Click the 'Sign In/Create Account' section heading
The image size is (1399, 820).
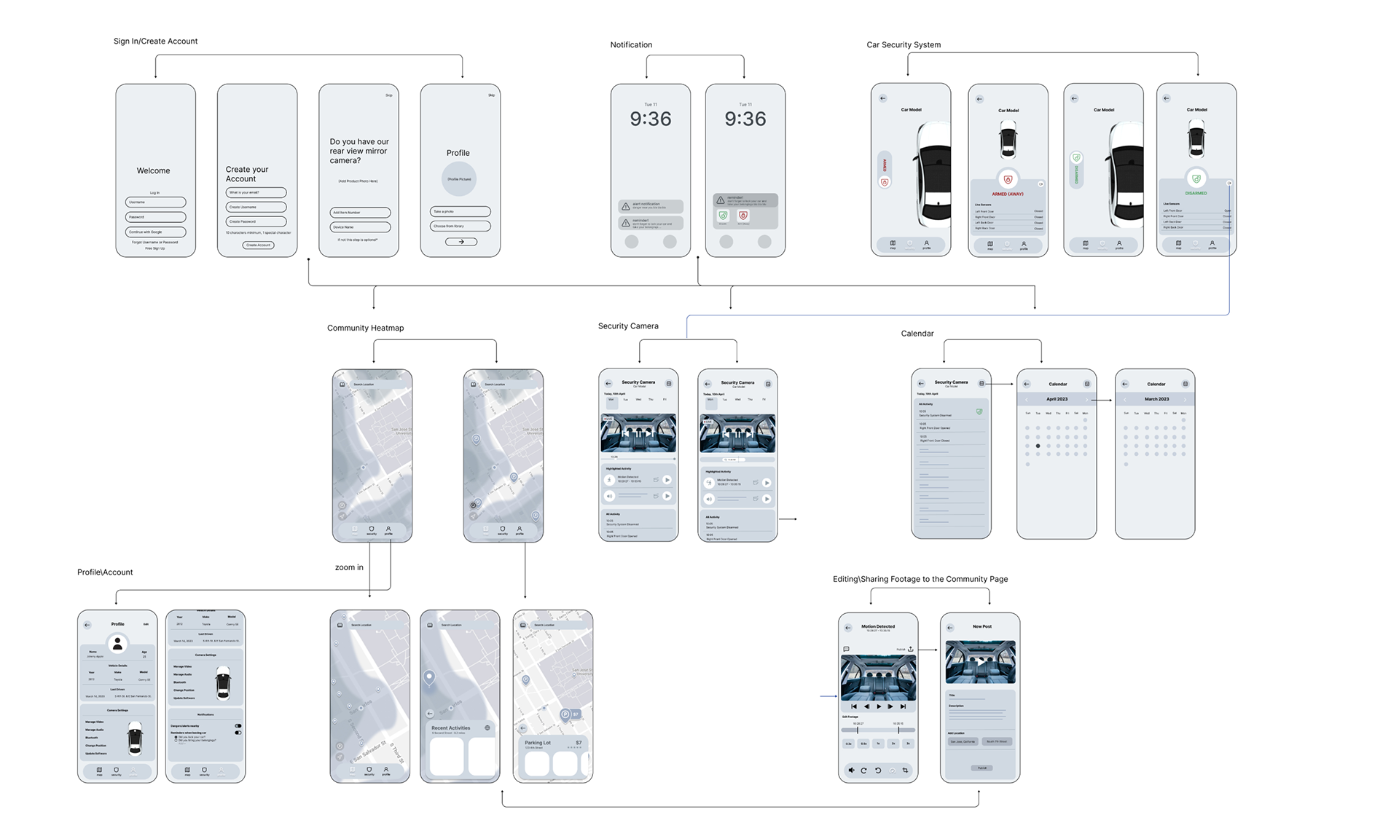point(155,42)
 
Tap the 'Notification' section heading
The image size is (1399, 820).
point(631,45)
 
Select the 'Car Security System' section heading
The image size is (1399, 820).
point(903,45)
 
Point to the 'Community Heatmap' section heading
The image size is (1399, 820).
point(365,328)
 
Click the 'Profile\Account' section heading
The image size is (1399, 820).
point(105,572)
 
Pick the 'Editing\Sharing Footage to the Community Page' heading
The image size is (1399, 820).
point(920,580)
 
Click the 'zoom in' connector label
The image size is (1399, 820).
point(349,567)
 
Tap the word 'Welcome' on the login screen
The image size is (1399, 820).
point(153,171)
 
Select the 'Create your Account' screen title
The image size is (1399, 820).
point(246,174)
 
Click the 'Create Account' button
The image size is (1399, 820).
point(258,245)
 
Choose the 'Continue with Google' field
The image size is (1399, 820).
point(155,232)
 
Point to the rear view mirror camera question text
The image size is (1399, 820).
point(358,151)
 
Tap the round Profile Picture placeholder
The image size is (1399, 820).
point(459,179)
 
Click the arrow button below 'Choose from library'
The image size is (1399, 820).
point(461,242)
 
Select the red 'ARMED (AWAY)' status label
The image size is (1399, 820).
point(1007,194)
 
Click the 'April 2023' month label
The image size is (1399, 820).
point(1057,399)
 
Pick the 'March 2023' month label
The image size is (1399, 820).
point(1156,399)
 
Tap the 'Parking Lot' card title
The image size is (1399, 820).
point(538,743)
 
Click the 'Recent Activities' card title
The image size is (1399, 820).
point(450,728)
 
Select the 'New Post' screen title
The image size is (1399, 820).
point(981,626)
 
